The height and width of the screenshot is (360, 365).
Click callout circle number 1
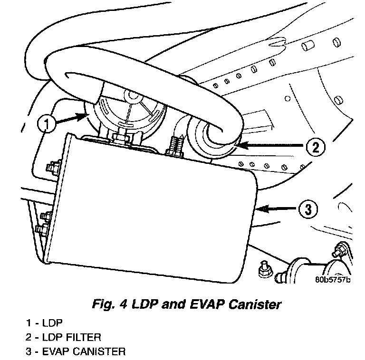46,124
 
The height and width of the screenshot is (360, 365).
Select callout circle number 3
308,208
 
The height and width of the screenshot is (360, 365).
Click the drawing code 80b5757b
332,279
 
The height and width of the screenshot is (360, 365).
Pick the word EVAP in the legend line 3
56,352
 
